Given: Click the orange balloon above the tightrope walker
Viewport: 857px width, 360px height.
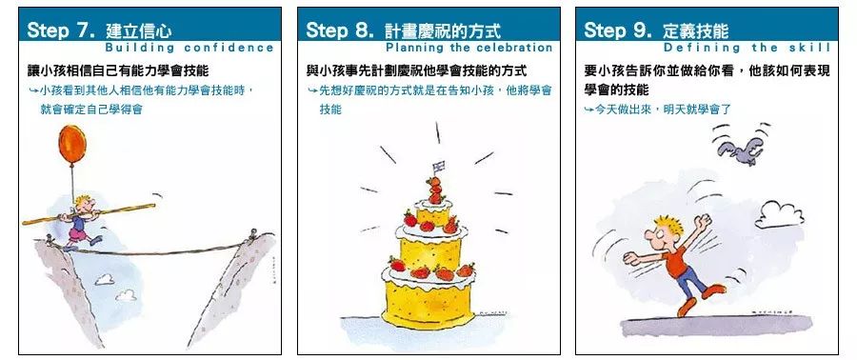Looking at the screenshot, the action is tap(72, 144).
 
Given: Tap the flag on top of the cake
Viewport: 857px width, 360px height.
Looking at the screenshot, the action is tap(438, 166).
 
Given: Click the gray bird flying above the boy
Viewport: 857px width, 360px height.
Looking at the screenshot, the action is tap(741, 150).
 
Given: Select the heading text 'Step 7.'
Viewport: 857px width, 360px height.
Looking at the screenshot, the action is tap(61, 30).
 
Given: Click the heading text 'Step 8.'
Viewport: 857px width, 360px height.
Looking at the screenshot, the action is tap(340, 30).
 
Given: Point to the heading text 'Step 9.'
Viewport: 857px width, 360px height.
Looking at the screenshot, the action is tap(618, 30).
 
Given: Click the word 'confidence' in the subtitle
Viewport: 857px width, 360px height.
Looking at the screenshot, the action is tap(229, 48).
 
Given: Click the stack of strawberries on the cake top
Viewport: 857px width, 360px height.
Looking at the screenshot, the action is tap(435, 190).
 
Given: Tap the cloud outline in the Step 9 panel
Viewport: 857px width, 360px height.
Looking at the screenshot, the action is tap(779, 214).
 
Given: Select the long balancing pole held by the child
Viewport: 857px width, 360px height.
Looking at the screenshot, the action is tap(89, 213).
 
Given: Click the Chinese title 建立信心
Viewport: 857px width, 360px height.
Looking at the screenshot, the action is tap(139, 30).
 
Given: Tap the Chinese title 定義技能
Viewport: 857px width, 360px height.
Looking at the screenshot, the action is tap(696, 30).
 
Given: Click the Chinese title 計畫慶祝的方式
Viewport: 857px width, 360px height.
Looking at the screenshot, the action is tap(443, 30).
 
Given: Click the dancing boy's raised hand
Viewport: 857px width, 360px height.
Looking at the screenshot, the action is tap(704, 221).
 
